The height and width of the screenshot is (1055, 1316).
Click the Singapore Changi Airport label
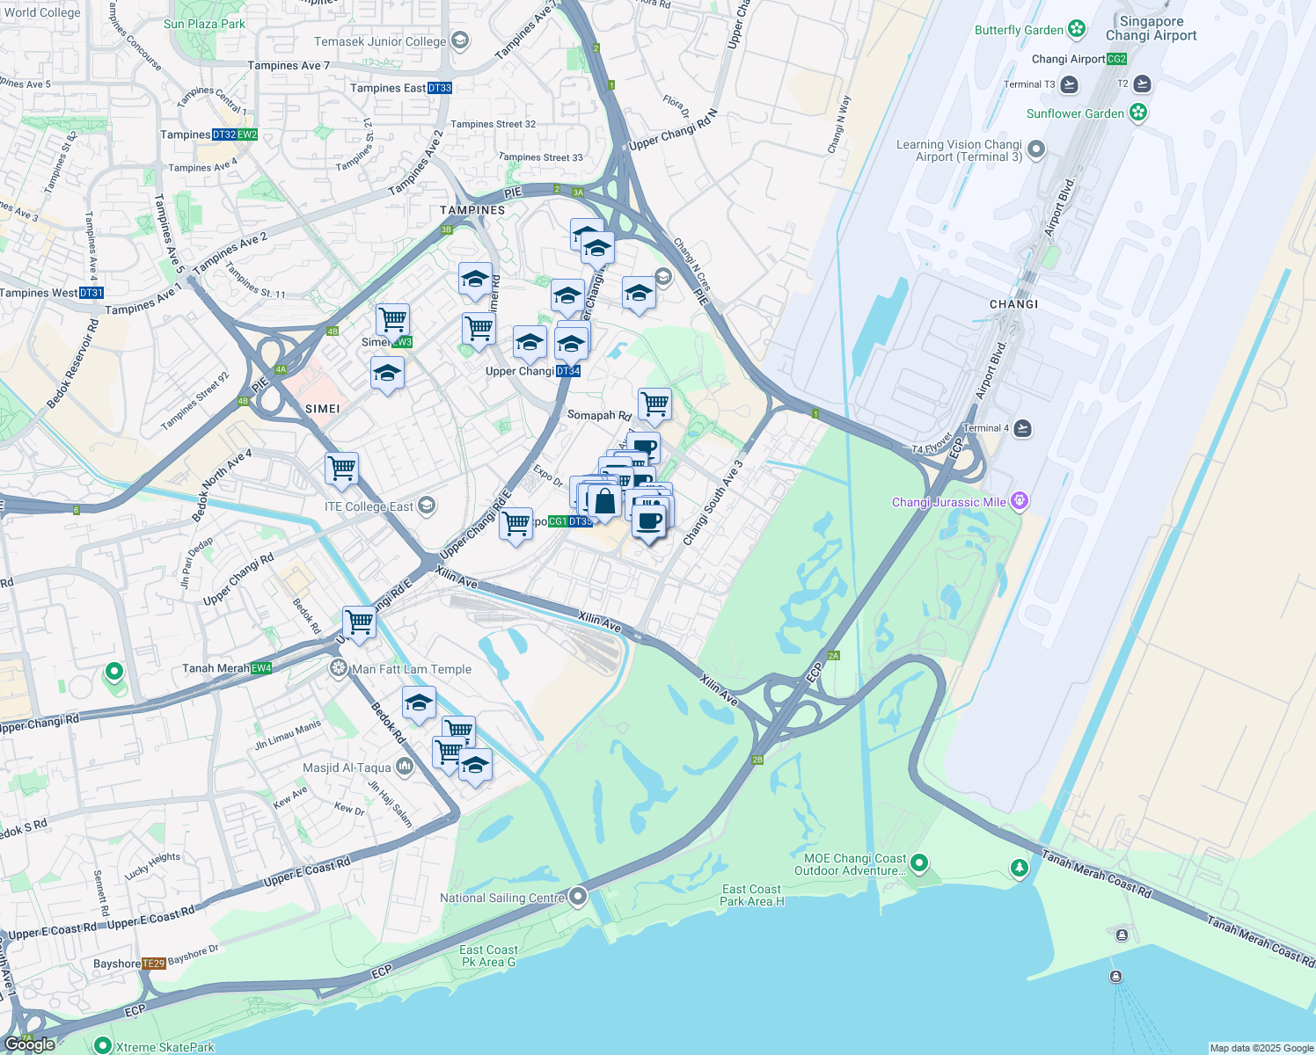[1151, 28]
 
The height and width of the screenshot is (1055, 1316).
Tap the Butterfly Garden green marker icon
[1077, 30]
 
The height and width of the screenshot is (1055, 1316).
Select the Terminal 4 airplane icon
[1022, 428]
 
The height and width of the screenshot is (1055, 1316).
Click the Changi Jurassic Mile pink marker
[1019, 502]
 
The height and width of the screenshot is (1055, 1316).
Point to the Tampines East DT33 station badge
[440, 88]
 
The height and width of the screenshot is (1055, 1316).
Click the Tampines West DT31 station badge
[91, 293]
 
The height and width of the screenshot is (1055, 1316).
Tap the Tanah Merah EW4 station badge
[261, 668]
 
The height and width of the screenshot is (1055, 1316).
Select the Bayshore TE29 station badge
[154, 964]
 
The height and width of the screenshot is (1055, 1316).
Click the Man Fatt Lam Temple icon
[339, 669]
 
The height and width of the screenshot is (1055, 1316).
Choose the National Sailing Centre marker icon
[578, 897]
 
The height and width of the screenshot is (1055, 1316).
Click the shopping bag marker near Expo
[604, 503]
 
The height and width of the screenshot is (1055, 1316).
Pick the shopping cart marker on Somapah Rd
[654, 404]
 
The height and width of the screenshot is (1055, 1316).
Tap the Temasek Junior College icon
[459, 41]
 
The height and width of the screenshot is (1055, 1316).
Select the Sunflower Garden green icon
[1138, 113]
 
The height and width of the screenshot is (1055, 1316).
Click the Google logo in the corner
[30, 1044]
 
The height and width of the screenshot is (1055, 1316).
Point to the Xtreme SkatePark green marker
[102, 1046]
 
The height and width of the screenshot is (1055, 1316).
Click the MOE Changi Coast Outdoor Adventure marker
[919, 862]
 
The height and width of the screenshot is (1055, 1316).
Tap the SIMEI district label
[322, 409]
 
